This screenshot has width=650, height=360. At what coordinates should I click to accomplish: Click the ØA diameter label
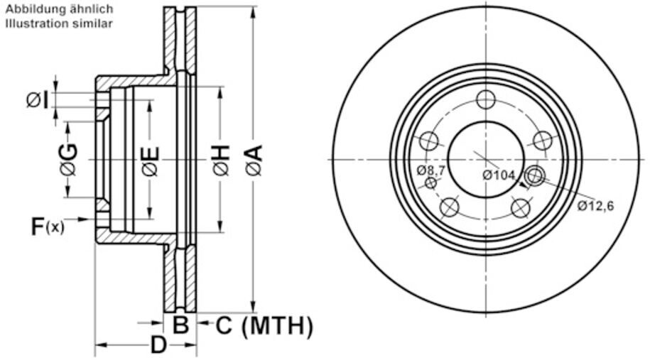[254, 160]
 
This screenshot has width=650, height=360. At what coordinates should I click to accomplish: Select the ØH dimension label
[222, 160]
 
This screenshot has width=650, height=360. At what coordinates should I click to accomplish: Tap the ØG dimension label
[68, 160]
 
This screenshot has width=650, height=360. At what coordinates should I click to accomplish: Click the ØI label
[38, 100]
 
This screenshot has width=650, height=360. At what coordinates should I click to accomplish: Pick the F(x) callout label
[48, 227]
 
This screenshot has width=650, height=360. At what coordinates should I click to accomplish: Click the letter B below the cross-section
[180, 324]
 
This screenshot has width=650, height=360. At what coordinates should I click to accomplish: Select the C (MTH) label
[264, 326]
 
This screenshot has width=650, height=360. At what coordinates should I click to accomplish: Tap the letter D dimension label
[158, 344]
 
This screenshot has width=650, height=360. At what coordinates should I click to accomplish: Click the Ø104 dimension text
[499, 175]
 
